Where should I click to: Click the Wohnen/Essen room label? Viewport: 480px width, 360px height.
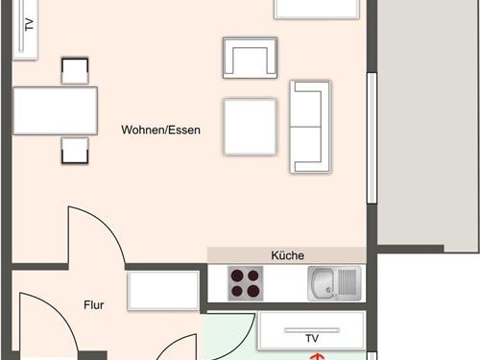pos(160,131)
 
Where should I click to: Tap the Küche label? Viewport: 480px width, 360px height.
pos(288,255)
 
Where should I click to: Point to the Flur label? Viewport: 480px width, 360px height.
pos(93,306)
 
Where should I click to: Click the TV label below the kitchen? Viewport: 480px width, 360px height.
pos(311,339)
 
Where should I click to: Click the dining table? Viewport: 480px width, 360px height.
pos(56,110)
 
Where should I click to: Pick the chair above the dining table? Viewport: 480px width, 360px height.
pos(75,71)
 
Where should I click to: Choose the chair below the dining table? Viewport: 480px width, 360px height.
pos(75,151)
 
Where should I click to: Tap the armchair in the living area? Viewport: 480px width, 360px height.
pos(250,58)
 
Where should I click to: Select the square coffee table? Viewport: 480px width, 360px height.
pos(251,126)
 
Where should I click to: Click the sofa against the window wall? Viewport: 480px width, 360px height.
pos(310,127)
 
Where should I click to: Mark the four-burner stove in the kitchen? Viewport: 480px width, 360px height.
pos(245,283)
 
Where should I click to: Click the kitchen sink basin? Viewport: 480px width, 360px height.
pos(324,283)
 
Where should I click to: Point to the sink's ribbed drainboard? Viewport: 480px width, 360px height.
pos(348,283)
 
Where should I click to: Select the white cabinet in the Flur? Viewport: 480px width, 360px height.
pos(163,291)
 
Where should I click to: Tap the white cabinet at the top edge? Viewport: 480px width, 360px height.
pos(318,9)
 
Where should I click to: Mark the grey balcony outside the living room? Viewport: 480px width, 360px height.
pos(426,125)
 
